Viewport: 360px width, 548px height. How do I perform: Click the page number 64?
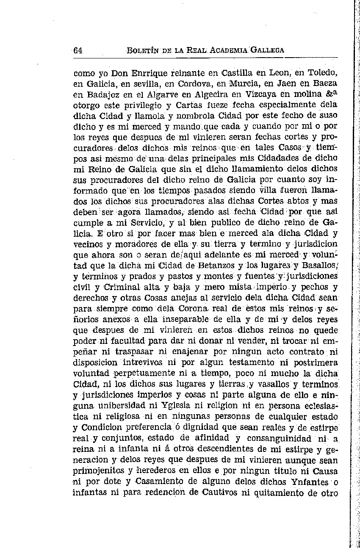pyautogui.click(x=78, y=50)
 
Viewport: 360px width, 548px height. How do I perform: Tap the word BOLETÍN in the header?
pyautogui.click(x=142, y=50)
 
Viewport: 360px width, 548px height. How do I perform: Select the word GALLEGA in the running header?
pyautogui.click(x=267, y=50)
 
